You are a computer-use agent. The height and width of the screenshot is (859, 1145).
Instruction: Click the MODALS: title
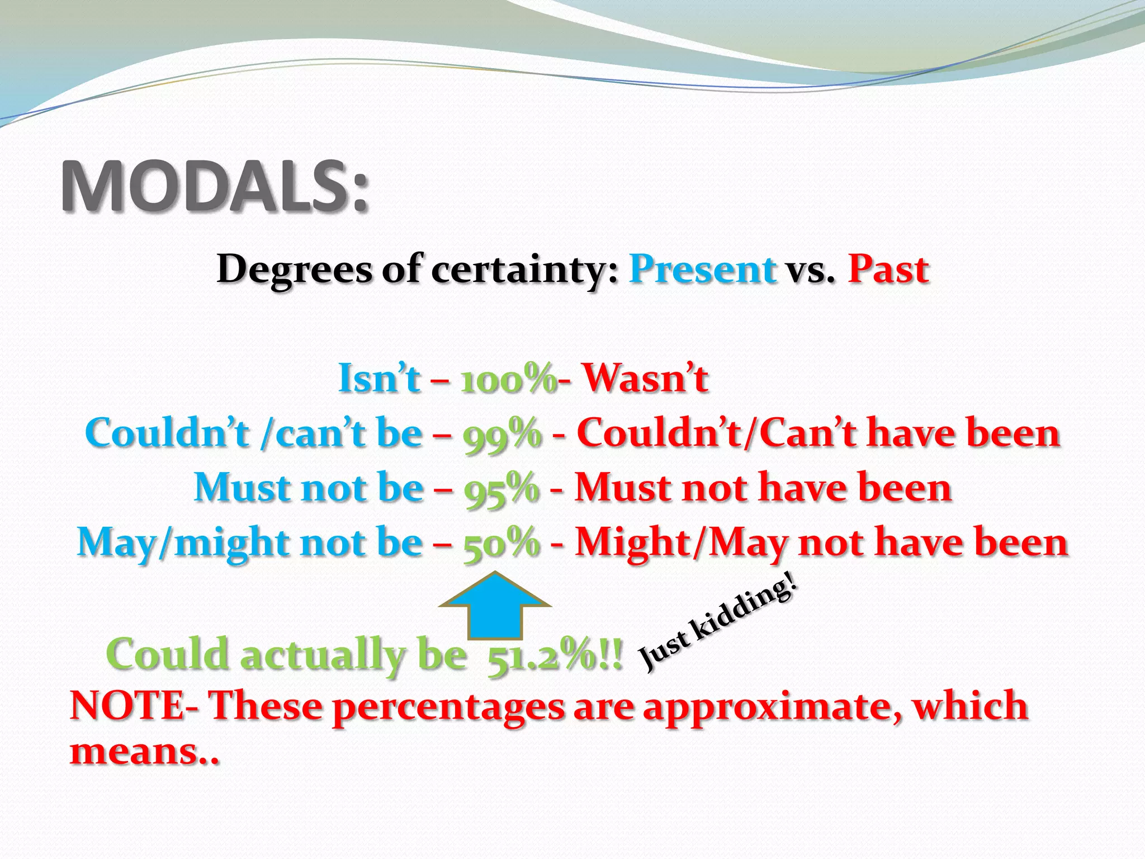point(215,186)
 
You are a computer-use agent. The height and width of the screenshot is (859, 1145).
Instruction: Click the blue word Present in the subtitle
point(703,269)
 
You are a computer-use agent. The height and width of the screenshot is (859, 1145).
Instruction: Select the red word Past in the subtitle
point(888,269)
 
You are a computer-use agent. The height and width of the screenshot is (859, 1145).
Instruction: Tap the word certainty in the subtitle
point(524,270)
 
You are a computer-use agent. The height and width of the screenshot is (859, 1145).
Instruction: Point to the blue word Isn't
point(378,379)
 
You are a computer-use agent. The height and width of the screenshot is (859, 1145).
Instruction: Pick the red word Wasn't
point(646,379)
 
